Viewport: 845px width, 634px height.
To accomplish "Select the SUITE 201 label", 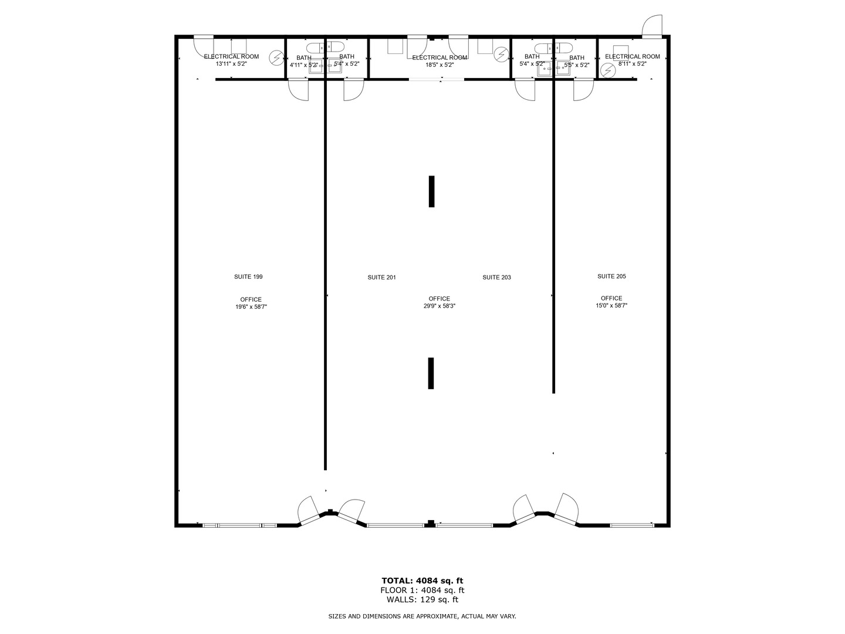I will pos(381,277).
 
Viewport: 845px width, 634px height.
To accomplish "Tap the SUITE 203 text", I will pos(496,277).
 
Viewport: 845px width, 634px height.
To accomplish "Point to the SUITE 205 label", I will pos(611,276).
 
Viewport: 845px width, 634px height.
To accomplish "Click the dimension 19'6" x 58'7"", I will pos(251,306).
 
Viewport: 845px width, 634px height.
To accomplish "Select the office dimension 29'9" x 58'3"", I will pos(440,306).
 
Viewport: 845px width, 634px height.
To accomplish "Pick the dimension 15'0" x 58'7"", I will pos(611,305).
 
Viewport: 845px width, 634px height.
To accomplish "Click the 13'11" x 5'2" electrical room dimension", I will pos(231,64).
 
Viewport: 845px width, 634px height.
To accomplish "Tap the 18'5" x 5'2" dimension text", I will pos(440,65).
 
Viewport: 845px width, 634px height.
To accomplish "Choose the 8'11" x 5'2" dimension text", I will pos(632,64).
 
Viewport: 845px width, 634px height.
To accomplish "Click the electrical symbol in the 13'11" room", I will pos(275,58).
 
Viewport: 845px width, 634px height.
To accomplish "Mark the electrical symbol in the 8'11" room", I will pos(608,70).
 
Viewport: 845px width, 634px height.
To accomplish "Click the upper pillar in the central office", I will pos(432,191).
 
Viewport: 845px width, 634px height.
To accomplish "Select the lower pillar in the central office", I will pos(431,373).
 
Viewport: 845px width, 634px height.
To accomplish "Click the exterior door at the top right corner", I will pos(651,26).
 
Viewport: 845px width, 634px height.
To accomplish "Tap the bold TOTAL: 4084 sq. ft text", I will pos(422,581).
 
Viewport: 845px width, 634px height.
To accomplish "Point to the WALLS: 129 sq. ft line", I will pos(422,599).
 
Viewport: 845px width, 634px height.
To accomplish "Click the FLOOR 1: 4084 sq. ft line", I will pos(422,590).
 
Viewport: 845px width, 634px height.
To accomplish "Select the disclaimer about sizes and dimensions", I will pos(422,616).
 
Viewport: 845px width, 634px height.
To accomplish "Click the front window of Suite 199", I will pos(239,525).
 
